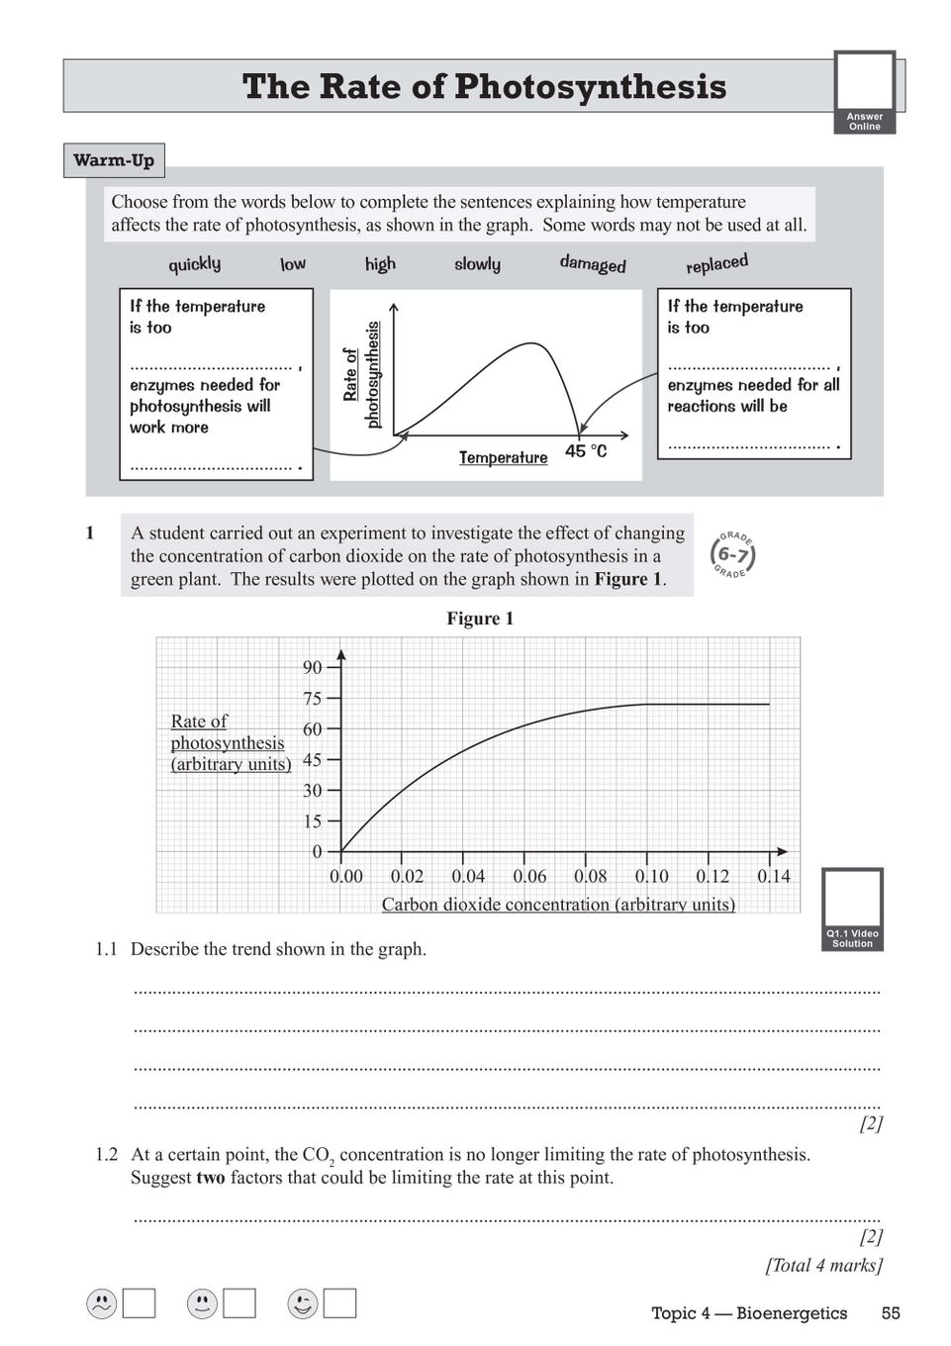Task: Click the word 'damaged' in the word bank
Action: point(593,264)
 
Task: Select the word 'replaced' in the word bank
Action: point(716,264)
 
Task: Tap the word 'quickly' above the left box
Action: point(194,264)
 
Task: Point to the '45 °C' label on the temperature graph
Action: point(586,451)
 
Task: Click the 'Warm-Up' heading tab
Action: point(114,160)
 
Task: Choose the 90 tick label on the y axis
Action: point(313,668)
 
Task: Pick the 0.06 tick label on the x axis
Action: point(529,877)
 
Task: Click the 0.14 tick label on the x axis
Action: point(774,877)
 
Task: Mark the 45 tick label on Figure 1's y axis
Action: point(313,760)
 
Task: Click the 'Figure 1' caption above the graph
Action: point(480,619)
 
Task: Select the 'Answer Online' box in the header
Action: point(865,93)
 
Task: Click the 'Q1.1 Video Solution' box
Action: point(852,910)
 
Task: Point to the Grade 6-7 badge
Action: point(733,555)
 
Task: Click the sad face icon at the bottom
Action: point(101,1304)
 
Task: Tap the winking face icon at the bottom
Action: point(303,1304)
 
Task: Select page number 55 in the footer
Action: point(891,1313)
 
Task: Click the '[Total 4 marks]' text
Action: point(823,1265)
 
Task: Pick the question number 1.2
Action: point(106,1155)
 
